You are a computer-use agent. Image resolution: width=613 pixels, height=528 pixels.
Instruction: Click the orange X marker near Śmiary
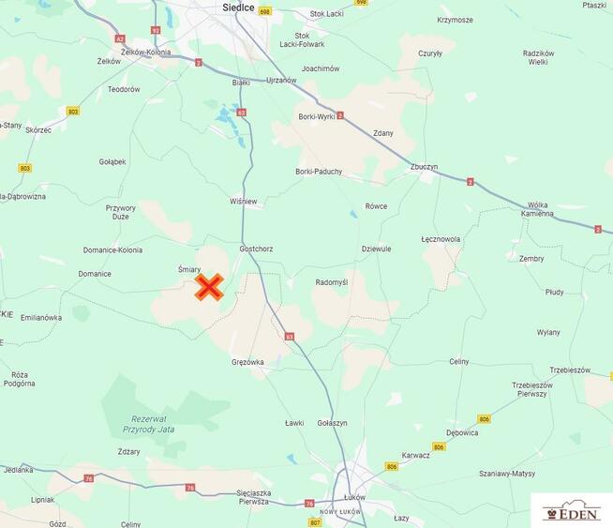click(208, 287)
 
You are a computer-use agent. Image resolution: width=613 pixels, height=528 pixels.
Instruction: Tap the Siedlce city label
click(239, 8)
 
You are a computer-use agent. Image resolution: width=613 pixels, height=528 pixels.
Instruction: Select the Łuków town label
click(354, 496)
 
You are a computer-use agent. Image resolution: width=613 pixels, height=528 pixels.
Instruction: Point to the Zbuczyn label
click(424, 167)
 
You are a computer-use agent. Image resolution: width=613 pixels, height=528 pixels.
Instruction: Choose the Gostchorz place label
click(256, 249)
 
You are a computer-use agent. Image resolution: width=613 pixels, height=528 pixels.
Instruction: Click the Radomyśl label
click(331, 282)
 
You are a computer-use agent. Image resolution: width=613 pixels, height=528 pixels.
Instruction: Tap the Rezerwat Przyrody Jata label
click(150, 424)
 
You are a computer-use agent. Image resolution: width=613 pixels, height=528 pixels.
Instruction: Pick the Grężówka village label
click(247, 361)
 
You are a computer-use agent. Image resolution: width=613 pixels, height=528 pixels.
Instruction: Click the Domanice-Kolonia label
click(112, 250)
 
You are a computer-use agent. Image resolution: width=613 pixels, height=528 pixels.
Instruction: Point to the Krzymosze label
click(455, 20)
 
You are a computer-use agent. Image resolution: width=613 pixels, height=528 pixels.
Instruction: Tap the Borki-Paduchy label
click(319, 172)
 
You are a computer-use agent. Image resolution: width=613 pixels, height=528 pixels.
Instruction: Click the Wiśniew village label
click(243, 202)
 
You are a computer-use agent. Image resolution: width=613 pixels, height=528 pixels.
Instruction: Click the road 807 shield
click(315, 520)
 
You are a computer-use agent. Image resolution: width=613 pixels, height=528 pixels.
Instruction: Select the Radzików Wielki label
click(538, 57)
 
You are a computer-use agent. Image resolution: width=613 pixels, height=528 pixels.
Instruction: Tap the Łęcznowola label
click(441, 239)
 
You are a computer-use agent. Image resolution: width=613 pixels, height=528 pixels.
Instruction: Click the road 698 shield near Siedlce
click(264, 12)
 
